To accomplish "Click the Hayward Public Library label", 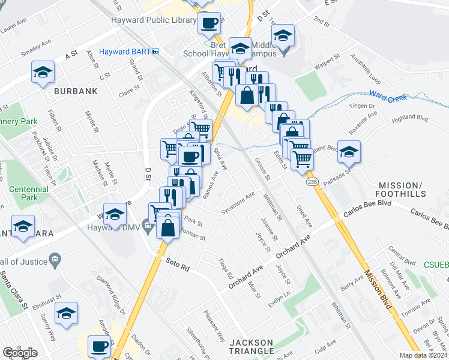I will pyautogui.click(x=154, y=20).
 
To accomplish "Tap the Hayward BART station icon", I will pyautogui.click(x=155, y=52).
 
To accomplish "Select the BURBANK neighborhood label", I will pyautogui.click(x=76, y=91).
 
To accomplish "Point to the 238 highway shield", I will pyautogui.click(x=312, y=181).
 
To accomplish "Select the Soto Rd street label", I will pyautogui.click(x=178, y=265).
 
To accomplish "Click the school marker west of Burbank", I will pyautogui.click(x=43, y=73).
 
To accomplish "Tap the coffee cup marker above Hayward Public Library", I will pyautogui.click(x=209, y=23).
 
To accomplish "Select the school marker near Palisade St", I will pyautogui.click(x=349, y=151).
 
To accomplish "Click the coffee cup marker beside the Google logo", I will pyautogui.click(x=99, y=346).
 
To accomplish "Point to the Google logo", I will pyautogui.click(x=20, y=353).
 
